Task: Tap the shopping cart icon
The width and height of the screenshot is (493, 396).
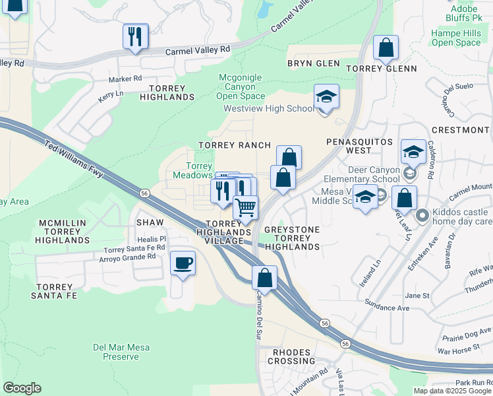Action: click(245, 207)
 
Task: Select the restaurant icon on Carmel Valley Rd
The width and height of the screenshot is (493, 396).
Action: click(135, 36)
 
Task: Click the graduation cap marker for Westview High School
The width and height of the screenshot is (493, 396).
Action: click(326, 97)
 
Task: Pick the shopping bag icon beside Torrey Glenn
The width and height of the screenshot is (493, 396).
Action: click(386, 48)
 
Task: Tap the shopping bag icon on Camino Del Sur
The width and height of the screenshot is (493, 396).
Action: click(264, 277)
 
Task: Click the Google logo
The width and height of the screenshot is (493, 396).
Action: click(22, 388)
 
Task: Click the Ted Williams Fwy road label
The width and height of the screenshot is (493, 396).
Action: click(74, 158)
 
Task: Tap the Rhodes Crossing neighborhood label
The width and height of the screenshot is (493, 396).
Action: click(291, 356)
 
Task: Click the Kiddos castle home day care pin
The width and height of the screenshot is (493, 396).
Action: click(422, 214)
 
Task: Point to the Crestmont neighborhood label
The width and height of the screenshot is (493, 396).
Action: click(459, 130)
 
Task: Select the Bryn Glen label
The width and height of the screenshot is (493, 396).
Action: click(313, 63)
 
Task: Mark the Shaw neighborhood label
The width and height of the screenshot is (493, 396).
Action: click(149, 223)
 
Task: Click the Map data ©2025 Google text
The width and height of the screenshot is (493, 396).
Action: click(452, 391)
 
